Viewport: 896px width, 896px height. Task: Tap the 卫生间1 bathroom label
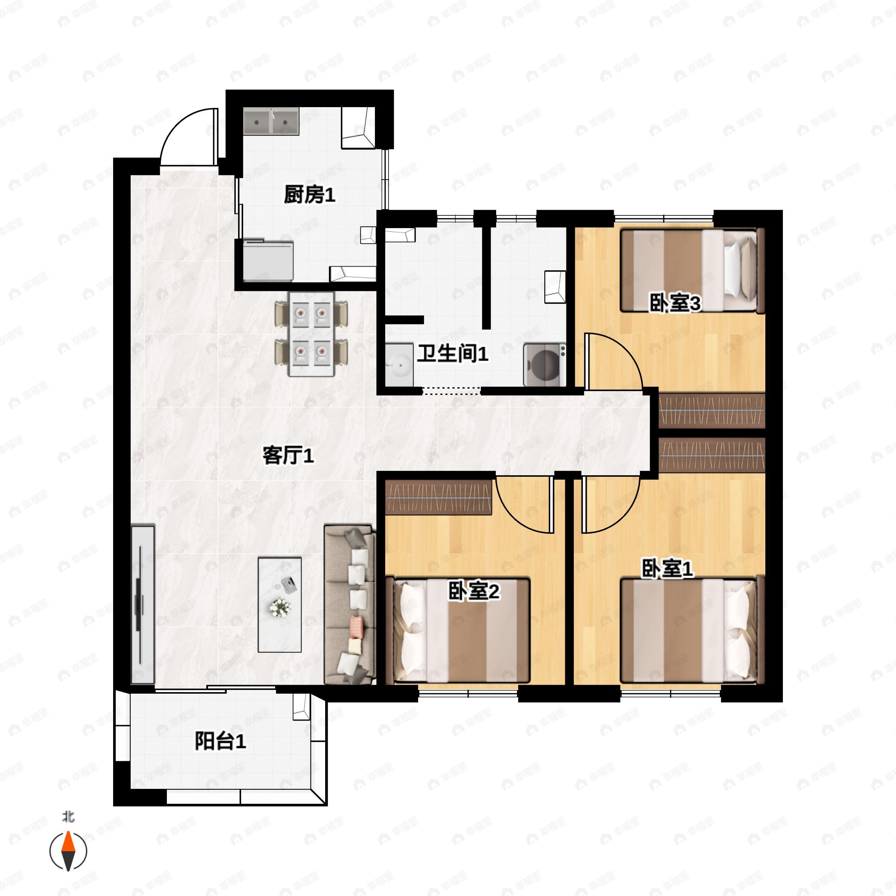tap(452, 354)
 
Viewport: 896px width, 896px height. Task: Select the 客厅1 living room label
tap(288, 455)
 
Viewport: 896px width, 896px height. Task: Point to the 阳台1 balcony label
tap(220, 741)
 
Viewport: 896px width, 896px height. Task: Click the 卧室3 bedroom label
tap(675, 304)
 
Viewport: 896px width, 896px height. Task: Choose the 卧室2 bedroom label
tap(473, 591)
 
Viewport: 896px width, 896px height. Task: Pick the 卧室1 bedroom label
tap(667, 569)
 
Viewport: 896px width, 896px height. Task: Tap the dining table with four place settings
tap(311, 334)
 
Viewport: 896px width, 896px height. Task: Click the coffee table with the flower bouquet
tap(280, 604)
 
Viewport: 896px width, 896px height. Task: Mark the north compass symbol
tap(68, 852)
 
